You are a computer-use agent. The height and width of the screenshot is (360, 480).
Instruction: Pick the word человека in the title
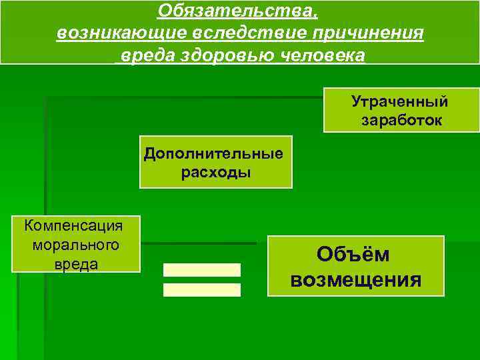click(327, 55)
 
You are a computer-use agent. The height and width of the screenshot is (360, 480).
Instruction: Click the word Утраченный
click(400, 102)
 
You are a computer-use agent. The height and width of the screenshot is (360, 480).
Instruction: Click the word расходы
click(216, 173)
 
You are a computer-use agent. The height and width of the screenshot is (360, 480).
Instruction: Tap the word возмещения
click(355, 279)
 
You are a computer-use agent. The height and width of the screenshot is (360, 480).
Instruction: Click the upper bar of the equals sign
click(202, 270)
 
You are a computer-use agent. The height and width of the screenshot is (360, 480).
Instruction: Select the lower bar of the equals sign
click(202, 290)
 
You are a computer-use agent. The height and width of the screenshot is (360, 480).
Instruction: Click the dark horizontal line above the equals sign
click(200, 243)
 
